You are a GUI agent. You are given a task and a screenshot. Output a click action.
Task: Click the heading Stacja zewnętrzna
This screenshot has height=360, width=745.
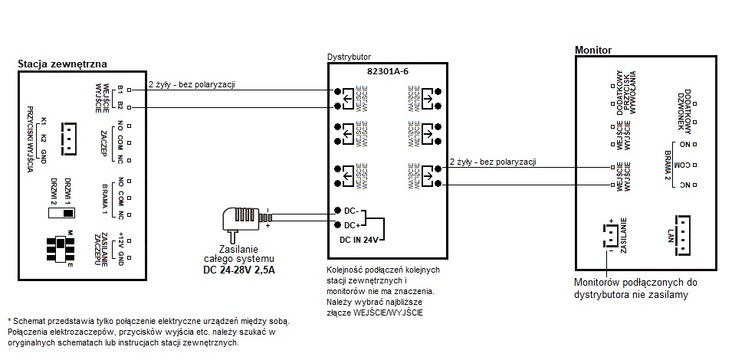point(62,64)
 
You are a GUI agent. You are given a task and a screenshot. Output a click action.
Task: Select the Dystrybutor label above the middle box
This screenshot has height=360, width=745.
point(349,57)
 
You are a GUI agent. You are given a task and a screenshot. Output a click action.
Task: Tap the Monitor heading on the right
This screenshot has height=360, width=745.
point(592,50)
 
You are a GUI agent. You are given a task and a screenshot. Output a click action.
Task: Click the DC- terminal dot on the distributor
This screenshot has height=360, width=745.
point(337,210)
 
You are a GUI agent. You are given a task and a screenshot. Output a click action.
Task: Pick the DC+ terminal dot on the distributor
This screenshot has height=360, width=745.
point(337,224)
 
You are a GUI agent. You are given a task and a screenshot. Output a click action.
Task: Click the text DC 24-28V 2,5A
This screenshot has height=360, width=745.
point(238,269)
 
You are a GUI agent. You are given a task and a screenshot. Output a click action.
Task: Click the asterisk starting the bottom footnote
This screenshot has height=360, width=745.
point(8,319)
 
